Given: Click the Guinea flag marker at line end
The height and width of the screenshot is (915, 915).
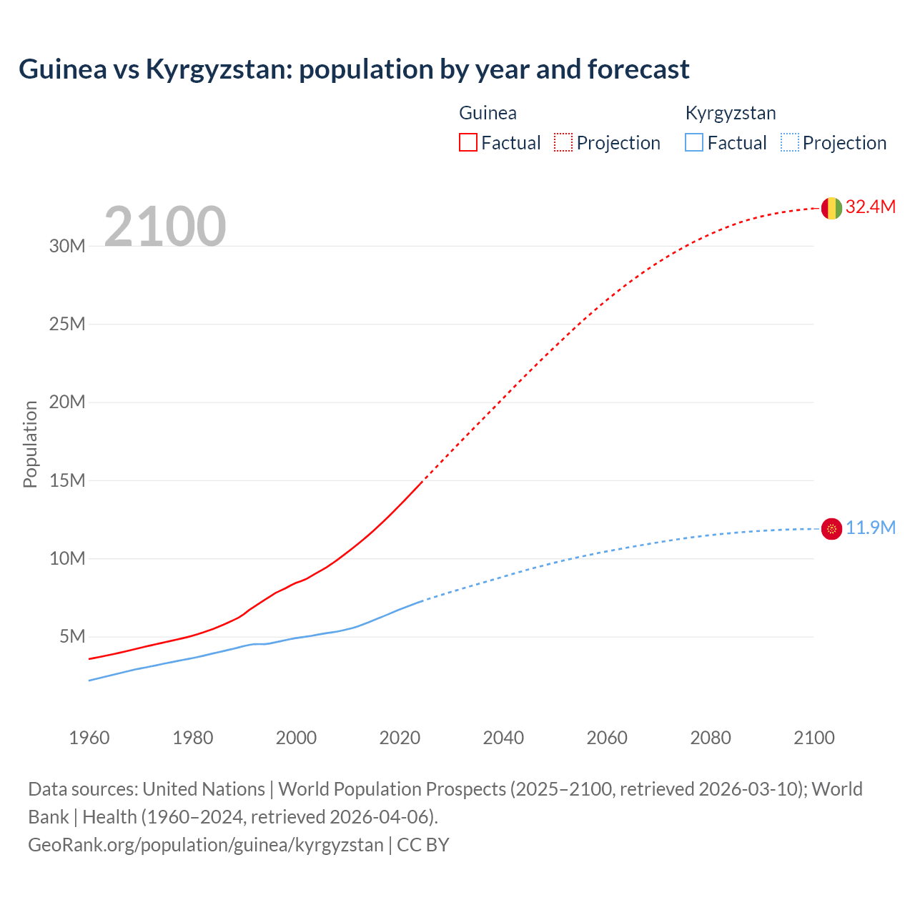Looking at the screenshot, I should point(831,208).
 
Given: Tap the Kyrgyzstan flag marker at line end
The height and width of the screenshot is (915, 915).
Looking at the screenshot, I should point(831,529).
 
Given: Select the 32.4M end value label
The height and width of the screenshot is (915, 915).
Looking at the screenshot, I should point(870,207).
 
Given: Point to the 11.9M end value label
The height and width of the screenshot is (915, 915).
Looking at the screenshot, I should point(870,528).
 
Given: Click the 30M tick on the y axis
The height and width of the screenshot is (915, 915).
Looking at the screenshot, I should point(67,247).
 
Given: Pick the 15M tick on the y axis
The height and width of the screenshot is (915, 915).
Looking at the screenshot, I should point(67,480).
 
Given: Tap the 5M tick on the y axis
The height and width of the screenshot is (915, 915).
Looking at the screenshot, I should point(72,636).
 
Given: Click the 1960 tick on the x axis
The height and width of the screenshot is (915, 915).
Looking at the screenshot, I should point(89,738).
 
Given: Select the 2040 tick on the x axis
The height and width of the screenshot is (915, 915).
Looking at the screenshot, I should point(503,738).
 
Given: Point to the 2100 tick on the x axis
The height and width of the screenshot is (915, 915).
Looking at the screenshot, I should point(813,738).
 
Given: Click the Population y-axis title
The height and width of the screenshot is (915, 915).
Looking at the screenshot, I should point(30,444).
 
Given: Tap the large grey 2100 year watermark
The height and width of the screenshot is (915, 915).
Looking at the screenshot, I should point(165,227).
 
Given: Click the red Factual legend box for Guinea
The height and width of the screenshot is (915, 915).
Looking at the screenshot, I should point(468,142).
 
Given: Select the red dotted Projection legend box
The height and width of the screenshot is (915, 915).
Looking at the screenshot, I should point(563,142).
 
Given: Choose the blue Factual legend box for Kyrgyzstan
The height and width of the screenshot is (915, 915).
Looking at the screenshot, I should point(694,142).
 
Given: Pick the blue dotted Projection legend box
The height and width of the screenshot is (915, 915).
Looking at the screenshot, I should point(789,142).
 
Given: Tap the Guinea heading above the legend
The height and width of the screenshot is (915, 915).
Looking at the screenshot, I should point(488,113).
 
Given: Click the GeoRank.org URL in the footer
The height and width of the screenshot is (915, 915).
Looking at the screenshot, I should point(206,845).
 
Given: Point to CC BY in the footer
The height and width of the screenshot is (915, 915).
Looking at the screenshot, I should point(423,845).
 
